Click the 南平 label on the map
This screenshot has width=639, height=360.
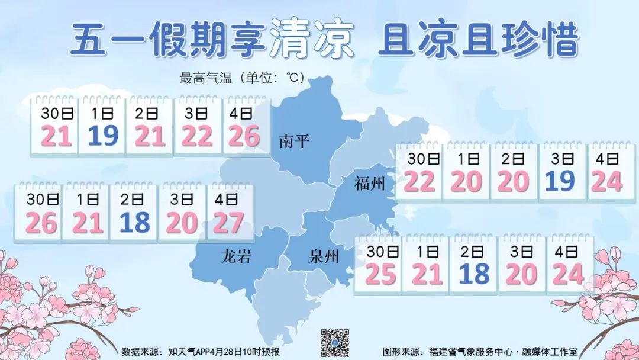tap(294, 142)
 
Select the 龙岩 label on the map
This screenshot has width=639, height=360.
tap(236, 257)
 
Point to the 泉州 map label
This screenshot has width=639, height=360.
tap(324, 257)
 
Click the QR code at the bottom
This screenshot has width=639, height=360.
tap(335, 343)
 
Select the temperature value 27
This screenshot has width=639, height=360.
tap(229, 223)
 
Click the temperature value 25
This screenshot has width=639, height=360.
tap(380, 274)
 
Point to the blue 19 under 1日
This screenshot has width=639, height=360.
tap(103, 137)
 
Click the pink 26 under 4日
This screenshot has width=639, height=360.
tap(244, 137)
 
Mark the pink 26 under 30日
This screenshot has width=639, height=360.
tap(41, 223)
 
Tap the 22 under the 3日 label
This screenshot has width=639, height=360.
tap(196, 137)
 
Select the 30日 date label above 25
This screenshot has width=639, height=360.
tap(379, 251)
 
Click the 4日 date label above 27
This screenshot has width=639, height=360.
tap(229, 200)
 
